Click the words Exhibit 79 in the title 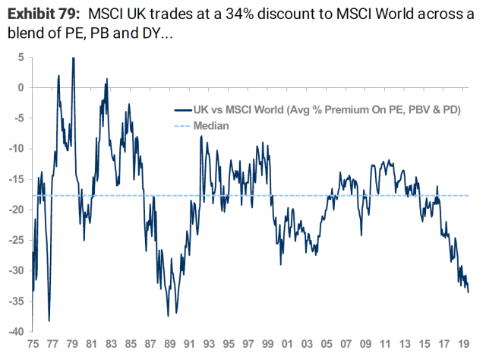[42, 12]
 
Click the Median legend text [212, 125]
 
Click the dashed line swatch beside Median [183, 125]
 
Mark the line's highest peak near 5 [73, 58]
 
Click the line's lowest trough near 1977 [49, 321]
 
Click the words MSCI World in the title [389, 12]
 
